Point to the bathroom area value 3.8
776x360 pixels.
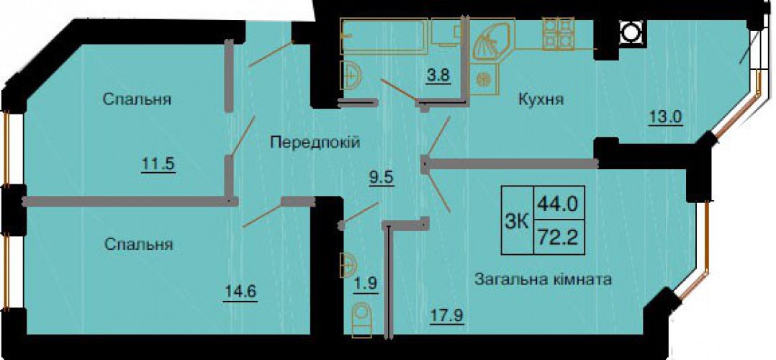click(438, 77)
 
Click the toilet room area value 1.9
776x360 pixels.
click(366, 284)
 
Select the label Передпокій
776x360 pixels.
click(315, 143)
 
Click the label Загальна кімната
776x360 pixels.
click(543, 279)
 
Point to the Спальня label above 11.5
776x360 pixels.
click(137, 99)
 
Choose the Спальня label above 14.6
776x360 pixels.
click(138, 244)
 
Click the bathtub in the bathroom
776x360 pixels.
click(384, 37)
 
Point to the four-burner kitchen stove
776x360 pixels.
click(558, 33)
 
